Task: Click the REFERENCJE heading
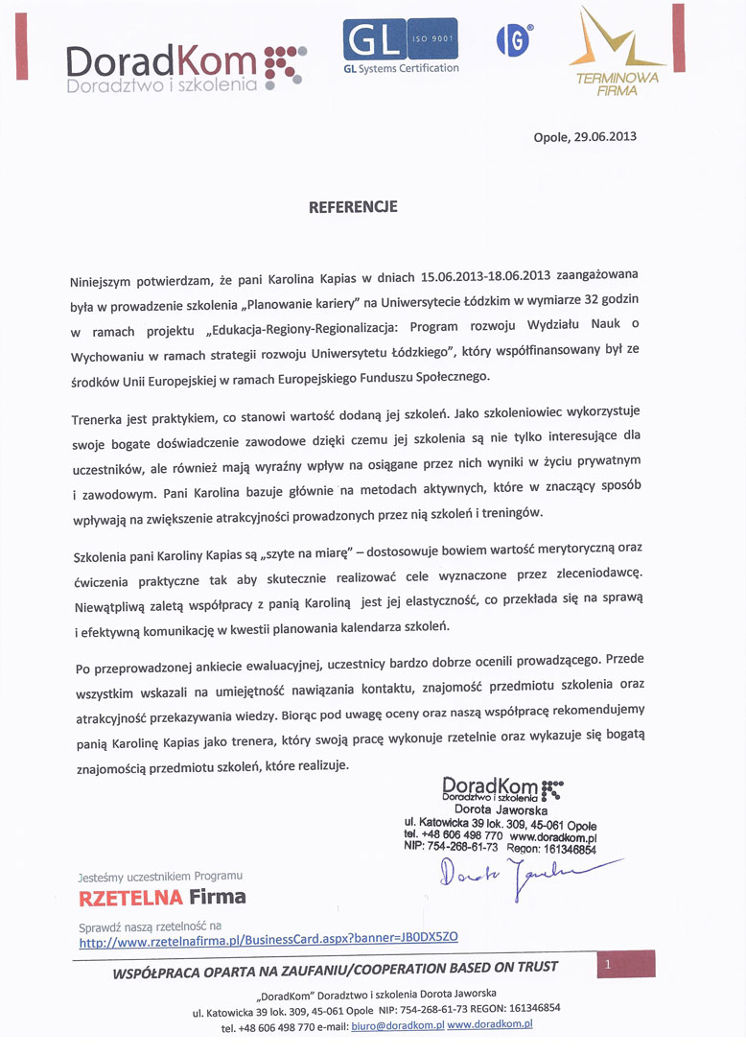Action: [353, 206]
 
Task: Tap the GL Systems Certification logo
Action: [401, 46]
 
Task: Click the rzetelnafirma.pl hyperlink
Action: [274, 943]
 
